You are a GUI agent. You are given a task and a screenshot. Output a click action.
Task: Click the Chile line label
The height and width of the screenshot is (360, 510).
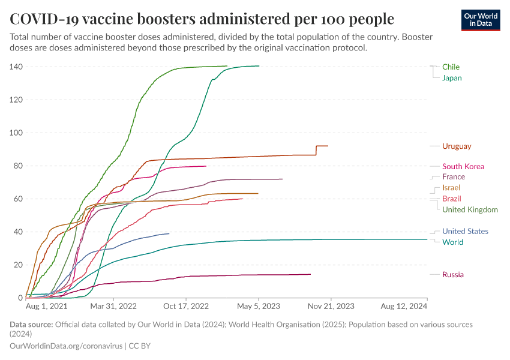tap(451, 67)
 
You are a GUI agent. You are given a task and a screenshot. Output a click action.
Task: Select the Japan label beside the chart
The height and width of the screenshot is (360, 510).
tap(452, 78)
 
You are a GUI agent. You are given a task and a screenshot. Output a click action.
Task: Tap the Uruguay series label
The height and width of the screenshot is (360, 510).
tap(457, 146)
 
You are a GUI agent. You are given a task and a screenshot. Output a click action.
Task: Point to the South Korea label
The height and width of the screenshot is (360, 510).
tap(463, 166)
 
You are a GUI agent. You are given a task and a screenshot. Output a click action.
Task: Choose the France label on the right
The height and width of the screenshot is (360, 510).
tap(453, 176)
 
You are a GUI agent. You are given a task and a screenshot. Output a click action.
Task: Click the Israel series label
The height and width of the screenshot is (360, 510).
tap(451, 188)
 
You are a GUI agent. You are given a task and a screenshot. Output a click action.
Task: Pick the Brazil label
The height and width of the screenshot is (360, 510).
tap(451, 199)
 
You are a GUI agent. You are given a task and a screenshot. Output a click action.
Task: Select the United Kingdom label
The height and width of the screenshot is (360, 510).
tap(470, 209)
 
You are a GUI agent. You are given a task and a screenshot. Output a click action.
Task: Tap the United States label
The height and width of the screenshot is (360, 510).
tap(465, 231)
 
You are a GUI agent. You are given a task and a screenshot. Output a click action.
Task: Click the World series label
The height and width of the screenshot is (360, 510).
tap(452, 242)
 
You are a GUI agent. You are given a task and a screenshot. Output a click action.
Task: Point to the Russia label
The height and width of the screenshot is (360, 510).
tap(453, 274)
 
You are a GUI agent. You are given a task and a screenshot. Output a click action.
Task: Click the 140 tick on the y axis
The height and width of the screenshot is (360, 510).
tap(16, 67)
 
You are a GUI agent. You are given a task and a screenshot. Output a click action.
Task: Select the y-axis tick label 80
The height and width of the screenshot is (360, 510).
tap(18, 166)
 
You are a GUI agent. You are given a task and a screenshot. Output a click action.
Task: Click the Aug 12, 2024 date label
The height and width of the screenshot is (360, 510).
tap(403, 306)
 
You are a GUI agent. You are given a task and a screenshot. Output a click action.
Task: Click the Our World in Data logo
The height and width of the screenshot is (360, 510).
tap(480, 19)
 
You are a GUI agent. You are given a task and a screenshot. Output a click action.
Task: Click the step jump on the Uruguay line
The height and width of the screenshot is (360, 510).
tap(316, 151)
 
